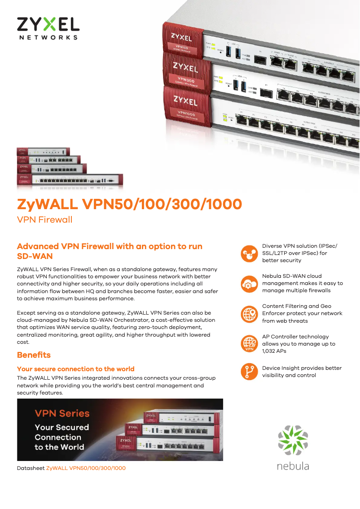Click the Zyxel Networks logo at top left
(48, 28)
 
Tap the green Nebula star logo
(293, 440)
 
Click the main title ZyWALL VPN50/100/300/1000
(129, 204)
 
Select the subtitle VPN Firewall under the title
(44, 219)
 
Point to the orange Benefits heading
(34, 355)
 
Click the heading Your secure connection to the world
(75, 369)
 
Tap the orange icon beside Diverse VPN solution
(248, 253)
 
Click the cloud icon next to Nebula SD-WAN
(248, 283)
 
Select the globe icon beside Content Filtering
(248, 313)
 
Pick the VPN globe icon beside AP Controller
(248, 343)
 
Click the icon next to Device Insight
(248, 371)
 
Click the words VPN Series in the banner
(62, 413)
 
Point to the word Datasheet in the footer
(31, 468)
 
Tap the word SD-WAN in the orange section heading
(35, 256)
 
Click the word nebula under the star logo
(293, 465)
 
